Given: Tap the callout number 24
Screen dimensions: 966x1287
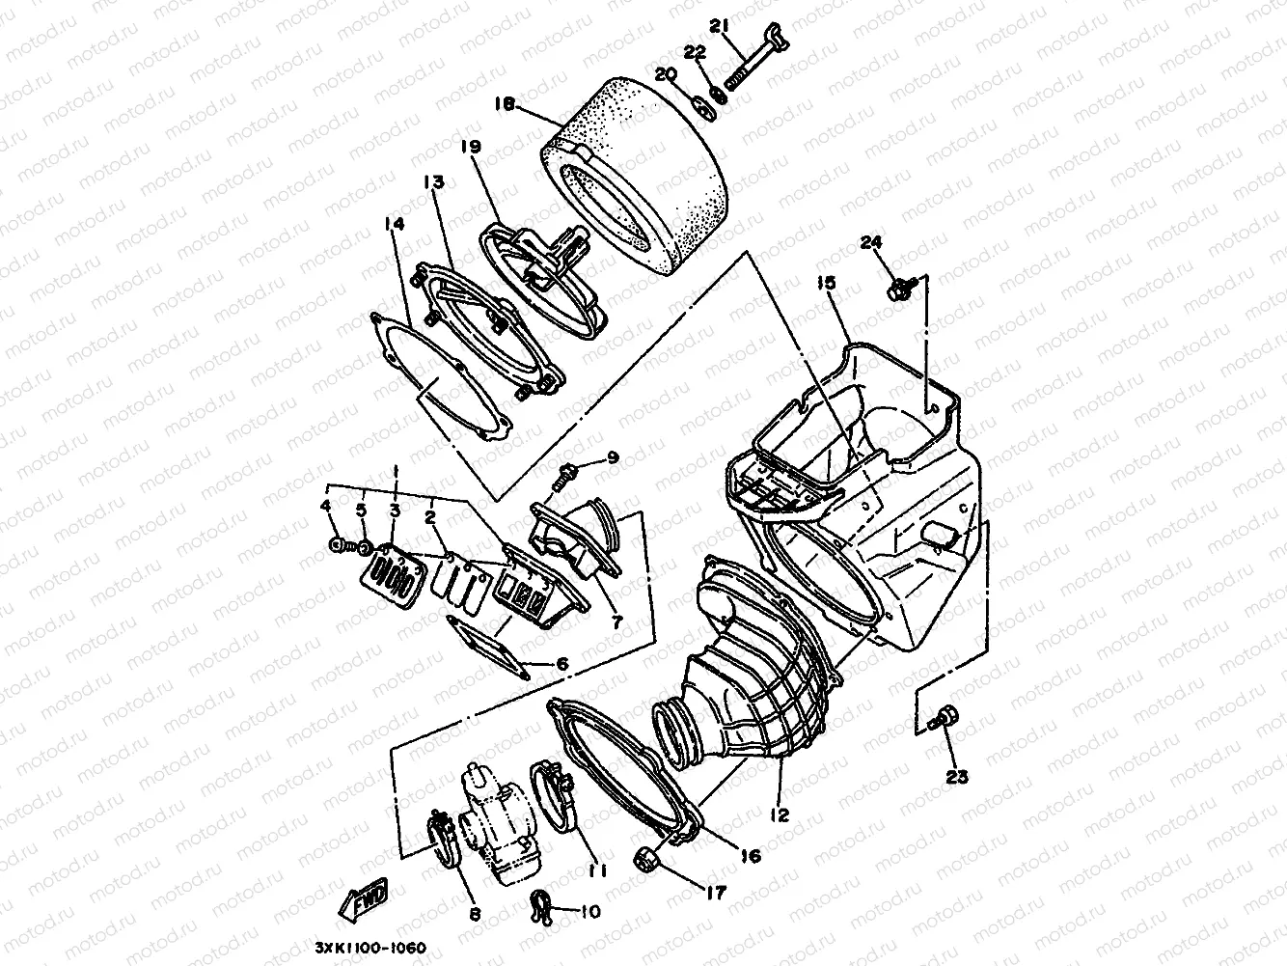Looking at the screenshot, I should tap(872, 242).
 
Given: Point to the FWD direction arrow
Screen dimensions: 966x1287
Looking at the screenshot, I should tap(363, 903).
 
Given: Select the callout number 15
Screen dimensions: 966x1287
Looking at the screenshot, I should tap(826, 284).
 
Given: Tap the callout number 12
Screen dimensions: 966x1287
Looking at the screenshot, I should tap(780, 815).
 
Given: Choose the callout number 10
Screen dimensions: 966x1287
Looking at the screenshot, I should tap(589, 910).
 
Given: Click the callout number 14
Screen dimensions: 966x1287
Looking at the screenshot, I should tap(394, 224).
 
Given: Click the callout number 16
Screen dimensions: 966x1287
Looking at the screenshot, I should tap(751, 856).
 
